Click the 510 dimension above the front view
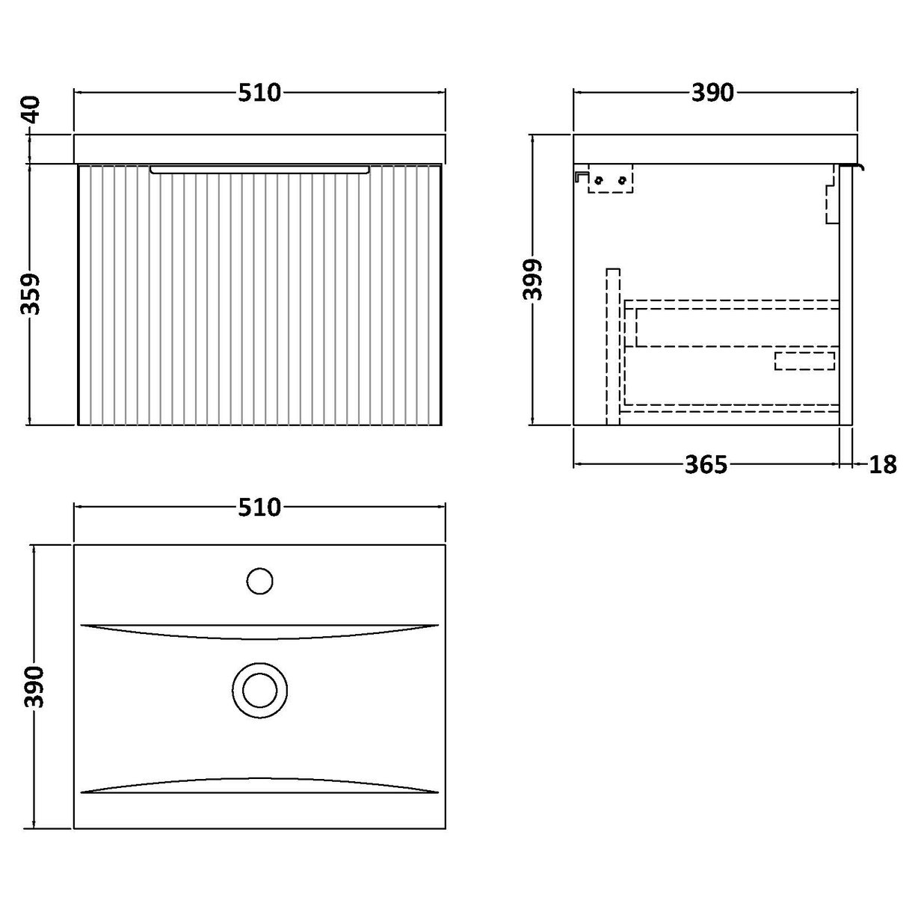click(x=259, y=93)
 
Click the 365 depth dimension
click(x=705, y=465)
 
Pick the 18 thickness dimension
click(x=883, y=465)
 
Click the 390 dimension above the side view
click(x=712, y=93)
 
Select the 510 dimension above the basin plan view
click(x=259, y=508)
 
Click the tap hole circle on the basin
click(x=259, y=581)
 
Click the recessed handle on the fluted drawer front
click(x=259, y=170)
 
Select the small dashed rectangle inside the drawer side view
click(x=804, y=361)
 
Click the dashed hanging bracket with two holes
click(x=610, y=179)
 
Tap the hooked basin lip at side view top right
click(x=854, y=167)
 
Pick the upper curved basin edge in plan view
click(x=259, y=632)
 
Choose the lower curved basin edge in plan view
click(x=259, y=783)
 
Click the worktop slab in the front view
click(x=259, y=149)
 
